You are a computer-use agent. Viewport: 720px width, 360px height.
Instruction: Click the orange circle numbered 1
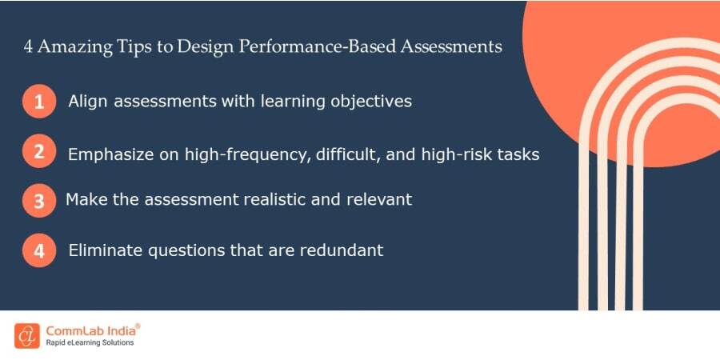pos(39,102)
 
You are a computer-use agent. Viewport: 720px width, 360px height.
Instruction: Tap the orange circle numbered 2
pos(39,151)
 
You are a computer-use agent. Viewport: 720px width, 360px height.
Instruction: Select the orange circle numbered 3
pos(39,201)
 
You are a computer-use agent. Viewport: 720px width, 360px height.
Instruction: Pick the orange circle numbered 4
pos(39,250)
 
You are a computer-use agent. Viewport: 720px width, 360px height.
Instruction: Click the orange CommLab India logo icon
pos(26,335)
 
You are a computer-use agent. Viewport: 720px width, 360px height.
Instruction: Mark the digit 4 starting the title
pos(28,46)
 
